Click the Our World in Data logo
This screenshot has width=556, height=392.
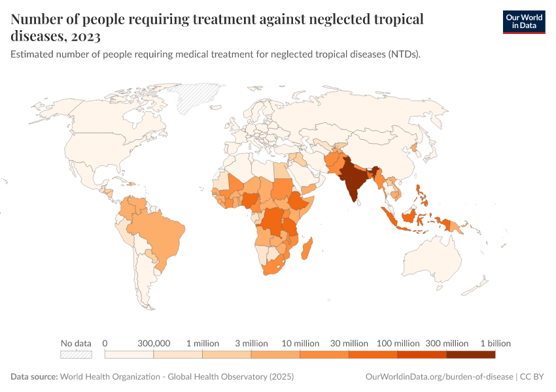click(x=523, y=22)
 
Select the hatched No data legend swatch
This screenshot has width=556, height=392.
click(x=76, y=355)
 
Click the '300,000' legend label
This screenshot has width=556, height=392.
click(x=154, y=343)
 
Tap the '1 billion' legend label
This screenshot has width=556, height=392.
click(x=495, y=343)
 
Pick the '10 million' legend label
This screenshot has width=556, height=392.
click(x=300, y=343)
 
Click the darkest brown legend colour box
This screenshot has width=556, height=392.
click(x=470, y=355)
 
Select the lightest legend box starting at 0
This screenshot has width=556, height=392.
click(x=129, y=355)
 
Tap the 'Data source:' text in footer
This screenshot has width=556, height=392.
click(x=34, y=377)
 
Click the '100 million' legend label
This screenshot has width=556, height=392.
click(x=398, y=343)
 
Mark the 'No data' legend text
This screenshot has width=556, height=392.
click(x=76, y=343)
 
